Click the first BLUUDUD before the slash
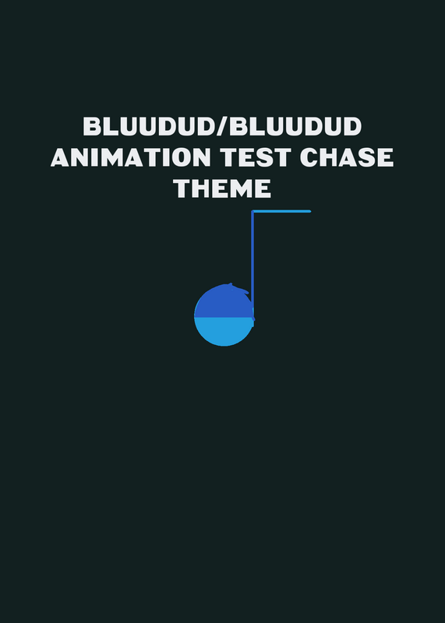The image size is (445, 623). (x=150, y=126)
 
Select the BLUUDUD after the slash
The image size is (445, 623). (x=295, y=126)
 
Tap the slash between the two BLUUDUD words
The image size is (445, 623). (x=223, y=126)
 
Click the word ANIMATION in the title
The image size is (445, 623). (x=131, y=157)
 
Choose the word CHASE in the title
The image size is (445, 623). (x=349, y=157)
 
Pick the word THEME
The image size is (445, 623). (x=222, y=188)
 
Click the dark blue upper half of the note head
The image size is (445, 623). (x=224, y=302)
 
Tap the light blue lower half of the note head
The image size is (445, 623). (x=224, y=331)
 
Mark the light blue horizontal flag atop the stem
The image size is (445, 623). (x=281, y=211)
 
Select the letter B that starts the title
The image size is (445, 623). (x=92, y=126)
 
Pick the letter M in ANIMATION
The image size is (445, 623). (x=110, y=157)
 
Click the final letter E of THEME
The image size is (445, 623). (x=263, y=188)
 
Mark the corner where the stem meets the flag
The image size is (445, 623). (x=253, y=211)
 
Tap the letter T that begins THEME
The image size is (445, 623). (x=182, y=188)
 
